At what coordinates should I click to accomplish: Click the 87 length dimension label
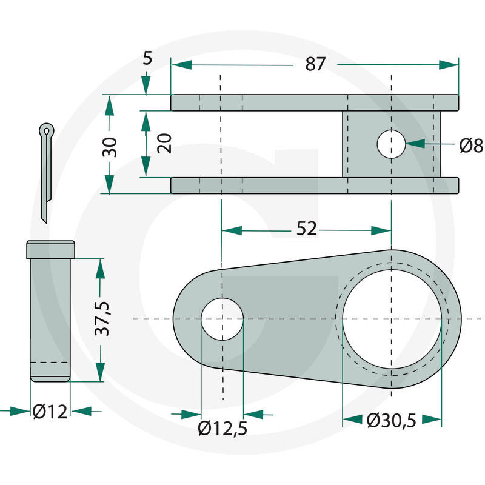pos(315,64)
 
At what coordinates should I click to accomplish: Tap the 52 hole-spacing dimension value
pos(307,229)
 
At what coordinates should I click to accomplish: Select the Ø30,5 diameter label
pos(391,421)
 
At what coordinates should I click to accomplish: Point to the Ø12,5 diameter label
pos(222,429)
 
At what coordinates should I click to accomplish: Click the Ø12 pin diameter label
pos(50,412)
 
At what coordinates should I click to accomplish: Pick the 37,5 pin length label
pos(102,318)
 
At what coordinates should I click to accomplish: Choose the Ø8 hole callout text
pos(471,145)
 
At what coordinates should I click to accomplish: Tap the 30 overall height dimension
pos(110,147)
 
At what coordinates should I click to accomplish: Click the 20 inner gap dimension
pos(164,143)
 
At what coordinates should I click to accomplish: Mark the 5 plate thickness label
pos(147,58)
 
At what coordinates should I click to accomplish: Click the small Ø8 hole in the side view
pos(391,144)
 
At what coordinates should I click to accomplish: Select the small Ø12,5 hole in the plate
pos(222,319)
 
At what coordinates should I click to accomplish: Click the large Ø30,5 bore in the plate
pos(392,319)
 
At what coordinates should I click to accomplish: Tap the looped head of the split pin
pos(47,130)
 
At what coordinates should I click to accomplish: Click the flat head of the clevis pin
pos(50,250)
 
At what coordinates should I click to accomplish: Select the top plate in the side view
pos(315,102)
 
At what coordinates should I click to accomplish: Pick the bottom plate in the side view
pos(315,186)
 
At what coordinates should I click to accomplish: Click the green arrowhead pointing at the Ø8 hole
pos(415,144)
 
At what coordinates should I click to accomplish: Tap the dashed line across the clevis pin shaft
pos(50,362)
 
